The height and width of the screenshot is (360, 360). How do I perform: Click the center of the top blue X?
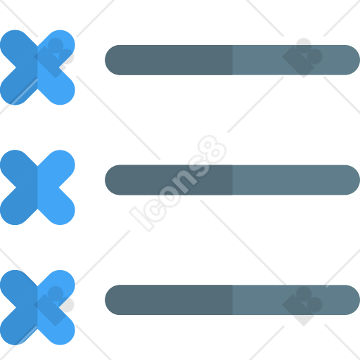click(37, 67)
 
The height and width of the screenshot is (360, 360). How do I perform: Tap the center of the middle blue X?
click(37, 188)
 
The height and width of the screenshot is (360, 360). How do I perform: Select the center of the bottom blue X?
click(37, 307)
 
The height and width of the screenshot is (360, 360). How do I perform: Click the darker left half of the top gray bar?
click(169, 60)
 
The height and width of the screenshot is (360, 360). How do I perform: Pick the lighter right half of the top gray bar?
click(296, 60)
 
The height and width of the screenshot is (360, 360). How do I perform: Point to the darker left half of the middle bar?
click(169, 180)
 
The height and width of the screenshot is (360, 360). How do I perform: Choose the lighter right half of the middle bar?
click(296, 180)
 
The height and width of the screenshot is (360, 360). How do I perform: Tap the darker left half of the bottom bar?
click(169, 300)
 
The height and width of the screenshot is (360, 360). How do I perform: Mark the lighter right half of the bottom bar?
click(296, 300)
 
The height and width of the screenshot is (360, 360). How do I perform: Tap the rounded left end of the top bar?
click(112, 60)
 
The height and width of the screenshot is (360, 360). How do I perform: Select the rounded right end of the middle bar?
click(352, 180)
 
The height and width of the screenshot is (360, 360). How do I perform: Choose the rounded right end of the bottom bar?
click(352, 300)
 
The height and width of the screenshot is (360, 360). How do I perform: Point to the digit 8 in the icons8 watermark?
click(212, 149)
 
